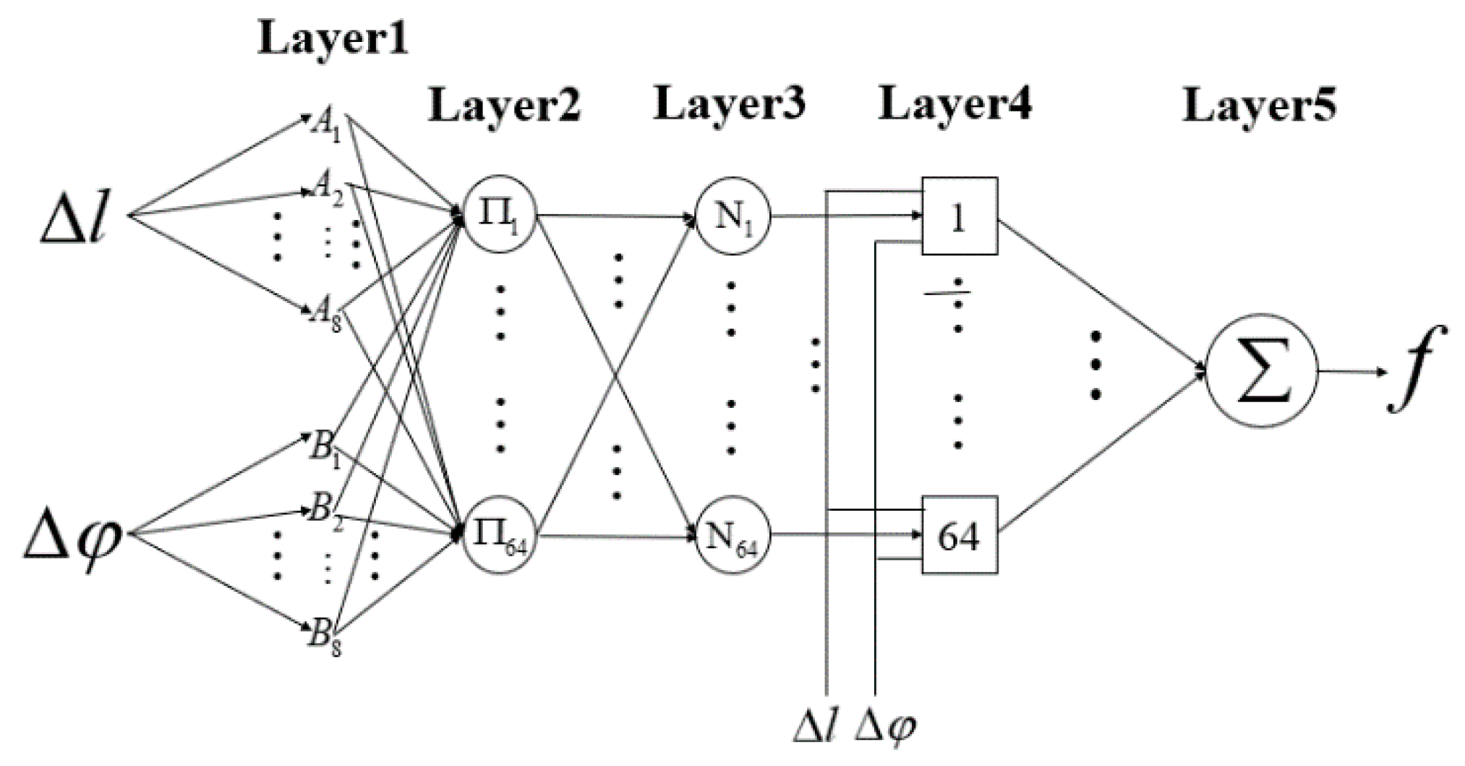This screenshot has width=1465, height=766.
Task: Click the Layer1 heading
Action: click(333, 39)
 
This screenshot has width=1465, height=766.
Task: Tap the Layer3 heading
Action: click(729, 104)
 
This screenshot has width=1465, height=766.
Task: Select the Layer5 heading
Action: click(1259, 106)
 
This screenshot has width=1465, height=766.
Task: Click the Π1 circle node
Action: click(499, 215)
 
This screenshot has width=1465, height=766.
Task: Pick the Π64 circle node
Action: click(499, 536)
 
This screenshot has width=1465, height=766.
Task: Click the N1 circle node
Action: click(732, 216)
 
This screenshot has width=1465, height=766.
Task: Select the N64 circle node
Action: click(732, 536)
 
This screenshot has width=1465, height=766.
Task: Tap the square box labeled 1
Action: click(959, 216)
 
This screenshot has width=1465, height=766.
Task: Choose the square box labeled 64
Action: click(959, 535)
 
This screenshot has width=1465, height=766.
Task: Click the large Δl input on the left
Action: click(74, 217)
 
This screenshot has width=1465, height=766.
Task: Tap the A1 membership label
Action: click(325, 126)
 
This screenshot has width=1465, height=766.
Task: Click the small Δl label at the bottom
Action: click(816, 728)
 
